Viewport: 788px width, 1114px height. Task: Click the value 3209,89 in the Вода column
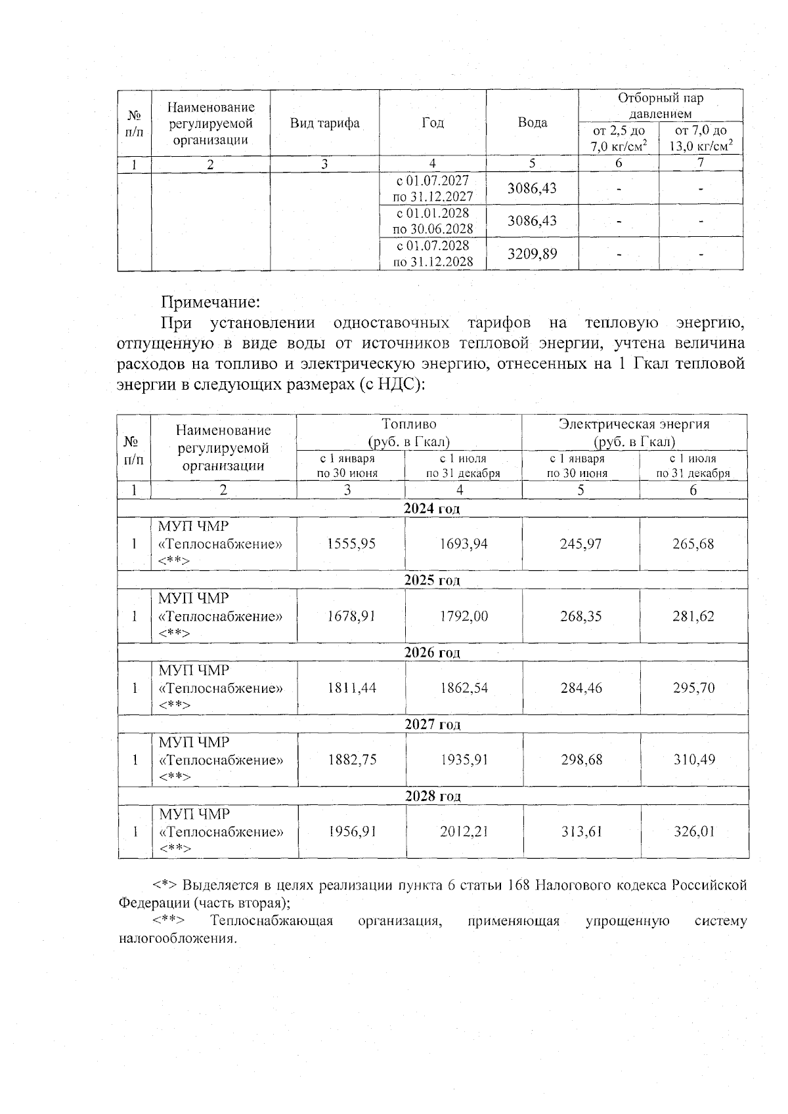tap(532, 253)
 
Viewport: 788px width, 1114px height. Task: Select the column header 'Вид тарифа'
tap(324, 123)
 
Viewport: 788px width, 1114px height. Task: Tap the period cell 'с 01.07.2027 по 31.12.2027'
tap(433, 188)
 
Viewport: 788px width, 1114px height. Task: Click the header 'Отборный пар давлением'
tap(660, 106)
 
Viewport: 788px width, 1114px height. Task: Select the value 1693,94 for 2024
tap(464, 544)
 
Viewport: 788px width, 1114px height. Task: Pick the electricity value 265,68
tap(693, 544)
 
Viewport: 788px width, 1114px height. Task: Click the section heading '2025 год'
tap(432, 581)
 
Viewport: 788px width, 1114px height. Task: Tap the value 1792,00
tap(464, 616)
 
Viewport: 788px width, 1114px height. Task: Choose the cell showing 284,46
tap(580, 688)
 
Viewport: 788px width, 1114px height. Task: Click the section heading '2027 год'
tap(432, 724)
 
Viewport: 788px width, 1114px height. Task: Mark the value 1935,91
tap(464, 760)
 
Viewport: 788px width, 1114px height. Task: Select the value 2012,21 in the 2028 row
tap(464, 831)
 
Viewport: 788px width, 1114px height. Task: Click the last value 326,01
tap(693, 831)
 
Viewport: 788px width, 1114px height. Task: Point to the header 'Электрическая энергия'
tap(634, 424)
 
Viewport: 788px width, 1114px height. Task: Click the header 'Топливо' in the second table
tap(409, 424)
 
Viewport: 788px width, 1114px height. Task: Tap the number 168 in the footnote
tap(517, 885)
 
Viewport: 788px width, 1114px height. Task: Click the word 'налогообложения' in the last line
tap(175, 938)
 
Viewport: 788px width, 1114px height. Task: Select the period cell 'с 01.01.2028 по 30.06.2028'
tap(433, 221)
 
